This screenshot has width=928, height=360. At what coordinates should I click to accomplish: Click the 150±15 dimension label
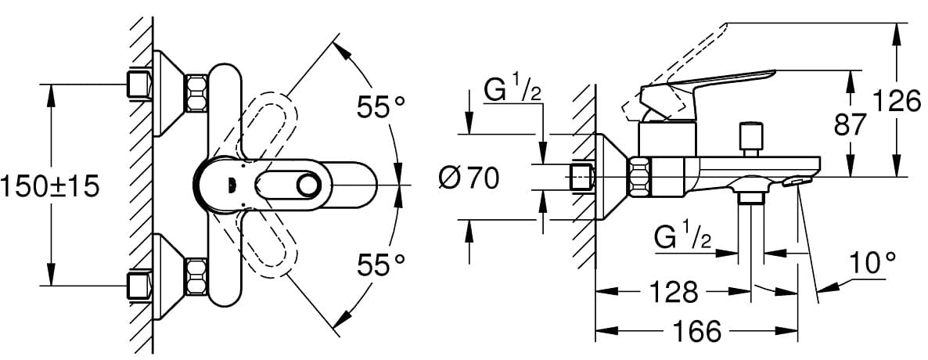pyautogui.click(x=50, y=187)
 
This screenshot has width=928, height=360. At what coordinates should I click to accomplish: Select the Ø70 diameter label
pyautogui.click(x=469, y=178)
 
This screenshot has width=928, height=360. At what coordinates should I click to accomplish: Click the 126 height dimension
pyautogui.click(x=897, y=102)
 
